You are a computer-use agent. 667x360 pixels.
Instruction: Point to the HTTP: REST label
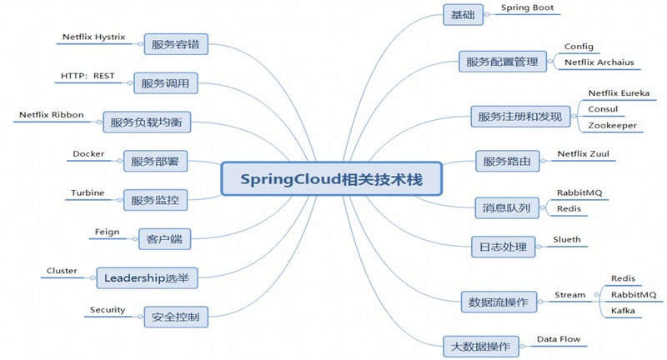[88, 76]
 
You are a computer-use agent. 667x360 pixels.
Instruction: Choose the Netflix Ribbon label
[52, 115]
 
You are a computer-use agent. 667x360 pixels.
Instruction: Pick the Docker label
[88, 154]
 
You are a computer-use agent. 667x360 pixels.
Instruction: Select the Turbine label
[88, 192]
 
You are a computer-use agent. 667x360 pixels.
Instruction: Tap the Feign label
[108, 232]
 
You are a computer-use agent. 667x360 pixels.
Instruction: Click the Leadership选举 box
[145, 277]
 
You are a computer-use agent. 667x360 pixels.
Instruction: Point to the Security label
[108, 309]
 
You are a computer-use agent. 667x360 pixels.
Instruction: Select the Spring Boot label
[527, 7]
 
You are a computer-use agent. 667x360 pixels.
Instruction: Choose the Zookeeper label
[612, 125]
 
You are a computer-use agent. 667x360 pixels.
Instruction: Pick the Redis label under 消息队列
[569, 208]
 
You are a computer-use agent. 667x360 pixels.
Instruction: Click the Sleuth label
[567, 239]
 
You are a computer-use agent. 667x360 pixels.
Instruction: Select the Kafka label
[623, 310]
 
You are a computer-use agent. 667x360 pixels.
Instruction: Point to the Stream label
[570, 294]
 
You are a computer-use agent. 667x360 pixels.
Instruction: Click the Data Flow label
[558, 339]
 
